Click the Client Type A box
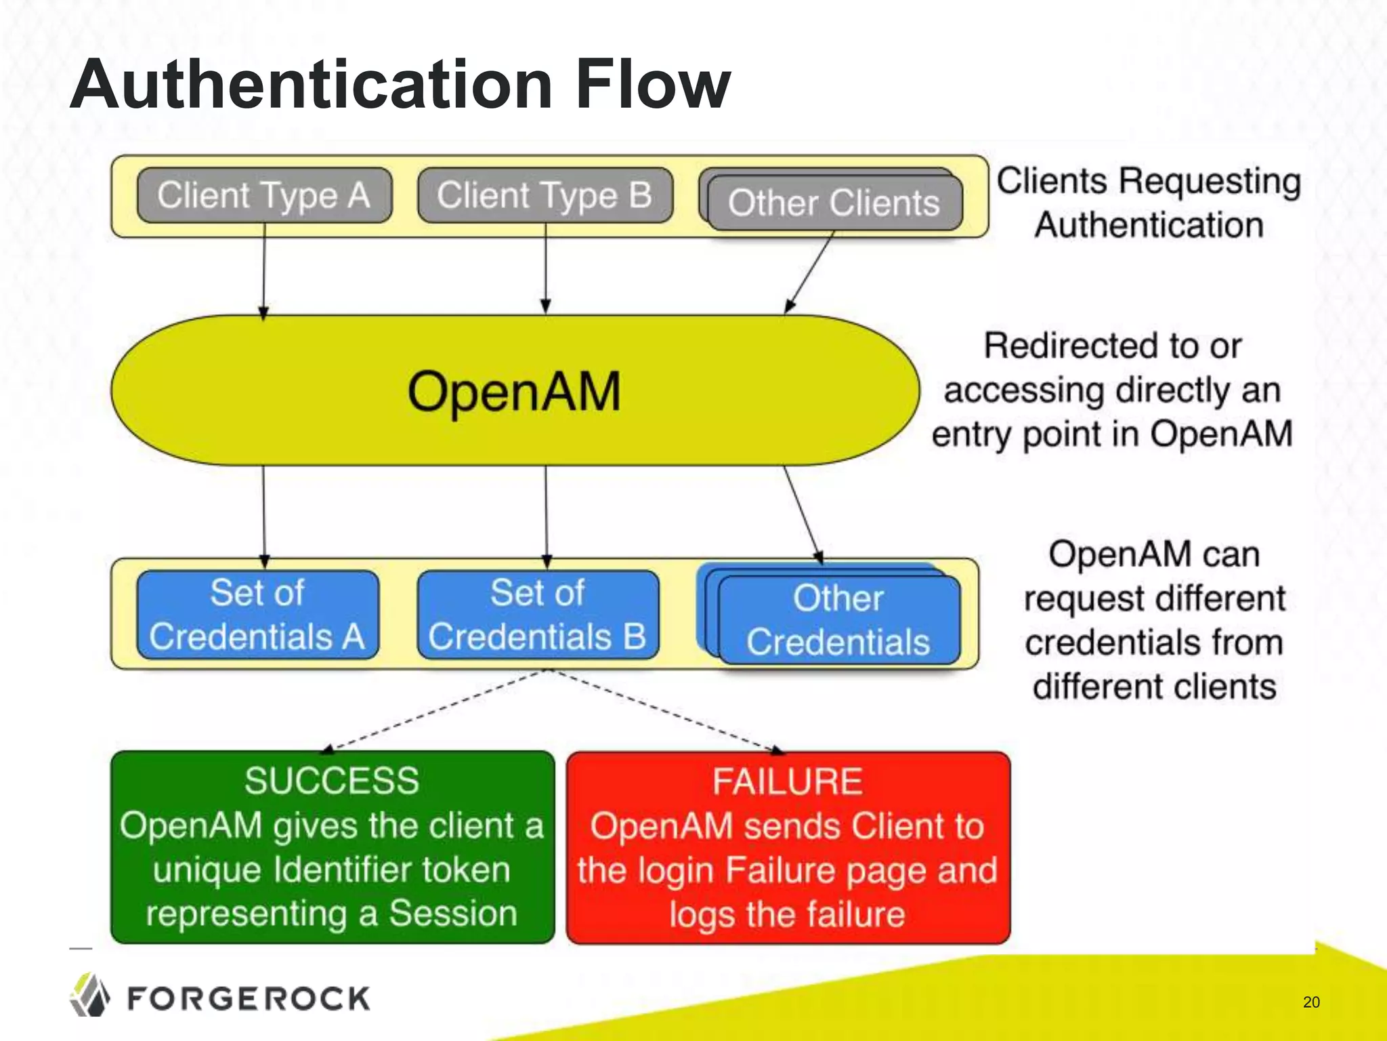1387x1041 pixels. (264, 195)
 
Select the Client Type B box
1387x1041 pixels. (545, 195)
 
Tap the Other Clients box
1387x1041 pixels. (834, 203)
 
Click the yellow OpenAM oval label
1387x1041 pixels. (514, 391)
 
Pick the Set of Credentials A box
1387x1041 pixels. (257, 615)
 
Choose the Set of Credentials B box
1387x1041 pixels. (538, 615)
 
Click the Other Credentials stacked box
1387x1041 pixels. (838, 619)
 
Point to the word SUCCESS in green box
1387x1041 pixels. (332, 781)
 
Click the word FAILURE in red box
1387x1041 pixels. (788, 781)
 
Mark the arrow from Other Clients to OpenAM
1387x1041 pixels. (810, 271)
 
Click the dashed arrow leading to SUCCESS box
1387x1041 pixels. (433, 712)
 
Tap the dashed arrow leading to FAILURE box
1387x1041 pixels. (667, 712)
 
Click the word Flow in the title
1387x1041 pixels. (653, 84)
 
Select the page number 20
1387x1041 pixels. (1311, 1002)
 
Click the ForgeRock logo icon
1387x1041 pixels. (89, 995)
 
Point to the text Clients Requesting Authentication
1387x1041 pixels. (1149, 203)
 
